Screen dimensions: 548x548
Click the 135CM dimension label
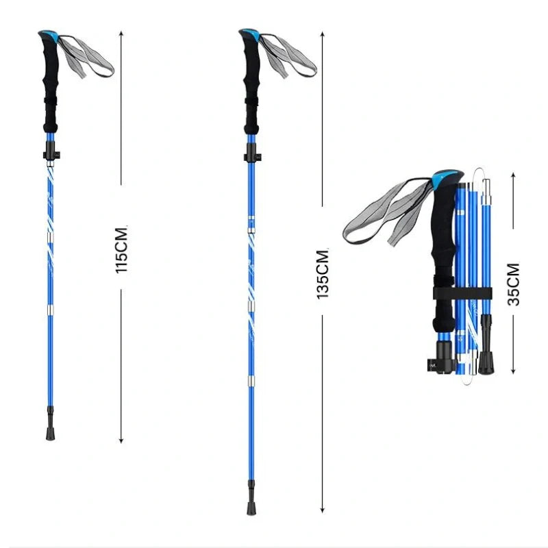click(323, 273)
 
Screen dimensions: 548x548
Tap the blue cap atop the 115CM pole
click(48, 34)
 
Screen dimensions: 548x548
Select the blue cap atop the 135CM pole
click(249, 34)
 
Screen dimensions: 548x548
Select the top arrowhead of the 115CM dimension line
click(121, 33)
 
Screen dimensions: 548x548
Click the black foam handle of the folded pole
click(442, 260)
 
